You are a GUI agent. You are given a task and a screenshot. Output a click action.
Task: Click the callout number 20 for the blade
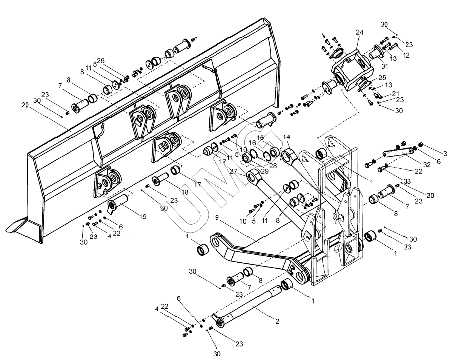[25, 105]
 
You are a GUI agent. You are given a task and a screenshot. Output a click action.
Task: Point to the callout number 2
[277, 322]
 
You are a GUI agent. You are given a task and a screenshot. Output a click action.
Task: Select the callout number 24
[359, 32]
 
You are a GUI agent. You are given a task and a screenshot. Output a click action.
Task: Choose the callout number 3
[445, 154]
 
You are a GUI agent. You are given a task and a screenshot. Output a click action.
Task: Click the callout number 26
[100, 60]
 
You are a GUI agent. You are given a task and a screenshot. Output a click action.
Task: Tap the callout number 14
[287, 136]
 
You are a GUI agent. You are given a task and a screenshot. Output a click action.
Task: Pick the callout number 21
[395, 93]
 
